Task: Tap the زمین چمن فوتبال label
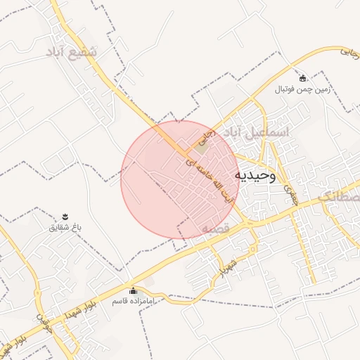(x=302, y=90)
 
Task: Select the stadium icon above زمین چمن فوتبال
(x=302, y=78)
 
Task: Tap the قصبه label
(x=215, y=229)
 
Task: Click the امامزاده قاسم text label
(x=132, y=302)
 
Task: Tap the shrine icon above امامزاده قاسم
(x=133, y=290)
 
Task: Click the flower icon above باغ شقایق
(x=65, y=215)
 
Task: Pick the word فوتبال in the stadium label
(x=286, y=90)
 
